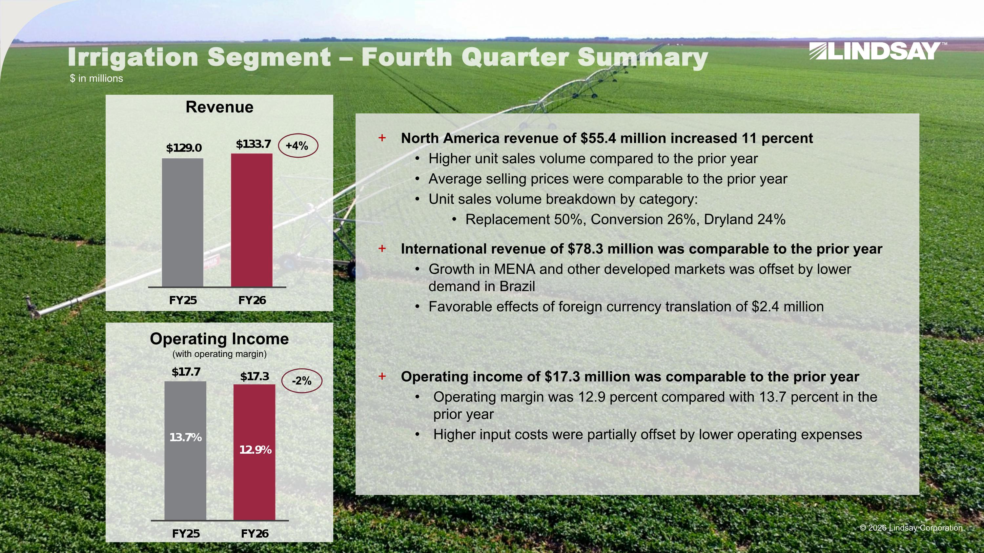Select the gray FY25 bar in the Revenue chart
(x=183, y=223)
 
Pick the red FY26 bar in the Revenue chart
(x=252, y=220)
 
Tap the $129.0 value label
(x=184, y=148)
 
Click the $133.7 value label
(x=254, y=144)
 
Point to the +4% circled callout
(x=298, y=146)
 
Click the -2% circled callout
(x=302, y=381)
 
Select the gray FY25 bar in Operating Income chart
(x=185, y=451)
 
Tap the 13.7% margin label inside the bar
(x=186, y=437)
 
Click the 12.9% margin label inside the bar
(x=256, y=450)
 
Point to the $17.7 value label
(x=186, y=372)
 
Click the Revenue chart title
(x=219, y=107)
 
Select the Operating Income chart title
(x=219, y=339)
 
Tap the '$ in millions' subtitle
(x=96, y=78)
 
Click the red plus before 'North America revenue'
(x=382, y=138)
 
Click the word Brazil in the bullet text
(x=517, y=286)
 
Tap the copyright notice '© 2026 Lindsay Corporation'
(x=911, y=528)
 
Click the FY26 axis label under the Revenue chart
(x=252, y=300)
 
